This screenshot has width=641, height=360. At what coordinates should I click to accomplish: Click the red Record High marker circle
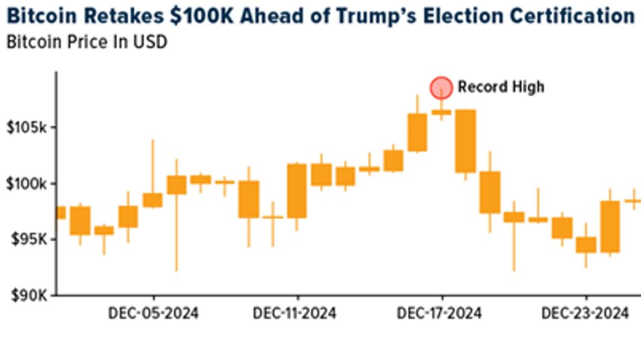click(441, 88)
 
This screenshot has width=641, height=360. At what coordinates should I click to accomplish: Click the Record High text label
click(501, 87)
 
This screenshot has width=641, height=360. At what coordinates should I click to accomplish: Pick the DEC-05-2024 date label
click(153, 313)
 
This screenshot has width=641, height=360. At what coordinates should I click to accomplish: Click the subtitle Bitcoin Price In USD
click(86, 43)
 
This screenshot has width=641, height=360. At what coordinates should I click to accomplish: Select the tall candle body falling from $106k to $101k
click(465, 141)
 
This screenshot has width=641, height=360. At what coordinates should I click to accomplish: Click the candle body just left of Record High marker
click(418, 132)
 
